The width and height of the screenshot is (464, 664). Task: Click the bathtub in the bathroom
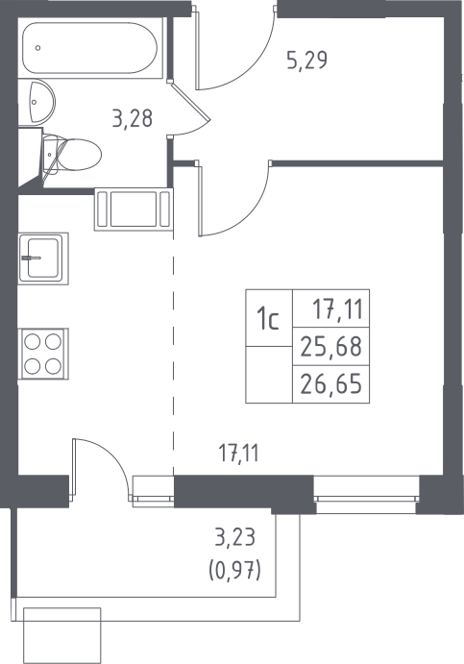point(89,48)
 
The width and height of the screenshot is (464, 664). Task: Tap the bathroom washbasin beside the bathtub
point(37,102)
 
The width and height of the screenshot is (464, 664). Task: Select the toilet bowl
point(72,155)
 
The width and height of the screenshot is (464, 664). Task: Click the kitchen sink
point(43,258)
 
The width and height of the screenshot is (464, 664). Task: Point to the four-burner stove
point(43,354)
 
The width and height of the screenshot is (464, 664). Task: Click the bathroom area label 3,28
point(132,118)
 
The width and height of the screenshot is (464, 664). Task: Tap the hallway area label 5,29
point(307,61)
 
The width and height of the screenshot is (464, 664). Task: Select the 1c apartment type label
point(269,320)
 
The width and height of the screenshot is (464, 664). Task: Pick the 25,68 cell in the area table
point(331,346)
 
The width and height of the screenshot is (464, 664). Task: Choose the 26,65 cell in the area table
point(331,384)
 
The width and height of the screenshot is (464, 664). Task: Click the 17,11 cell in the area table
point(331,308)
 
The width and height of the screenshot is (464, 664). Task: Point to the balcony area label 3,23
point(235,538)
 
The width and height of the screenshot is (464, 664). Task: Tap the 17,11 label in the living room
point(238,454)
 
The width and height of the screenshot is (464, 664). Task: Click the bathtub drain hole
point(38,48)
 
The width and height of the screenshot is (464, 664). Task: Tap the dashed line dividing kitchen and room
point(173,354)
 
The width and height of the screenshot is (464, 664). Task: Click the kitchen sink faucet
point(32,258)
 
